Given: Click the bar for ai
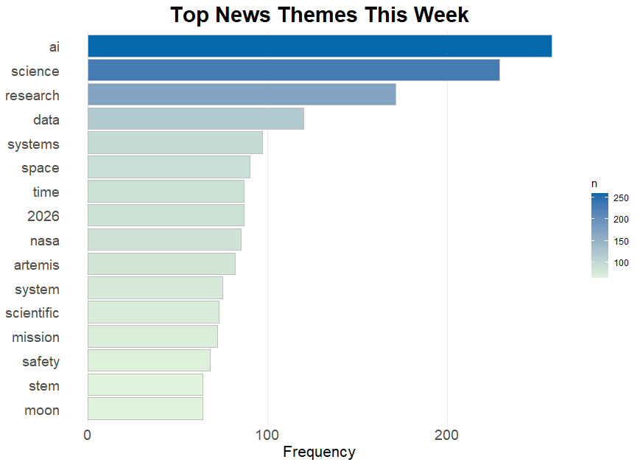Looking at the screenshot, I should click(320, 46).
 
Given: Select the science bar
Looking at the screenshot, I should click(293, 70).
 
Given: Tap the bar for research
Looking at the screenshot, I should click(242, 94).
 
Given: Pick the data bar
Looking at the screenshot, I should click(196, 119).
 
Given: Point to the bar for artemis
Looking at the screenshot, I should click(161, 264).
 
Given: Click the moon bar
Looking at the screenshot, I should click(145, 409).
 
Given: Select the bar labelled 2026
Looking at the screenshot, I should click(166, 215).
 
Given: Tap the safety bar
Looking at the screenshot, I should click(149, 360).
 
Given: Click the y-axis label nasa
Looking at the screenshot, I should click(45, 241).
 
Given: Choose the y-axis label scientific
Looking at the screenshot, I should click(32, 313).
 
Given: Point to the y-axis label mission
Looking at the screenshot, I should click(36, 338).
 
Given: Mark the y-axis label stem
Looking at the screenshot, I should click(44, 386).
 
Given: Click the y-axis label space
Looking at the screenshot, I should click(41, 168).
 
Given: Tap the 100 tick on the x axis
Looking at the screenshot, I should click(267, 436).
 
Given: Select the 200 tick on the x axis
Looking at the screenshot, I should click(447, 436).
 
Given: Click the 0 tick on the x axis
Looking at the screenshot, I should click(88, 436).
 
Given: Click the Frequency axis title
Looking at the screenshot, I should click(319, 452).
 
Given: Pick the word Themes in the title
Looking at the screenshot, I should click(317, 15).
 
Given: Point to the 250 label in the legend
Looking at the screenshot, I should click(621, 198).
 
